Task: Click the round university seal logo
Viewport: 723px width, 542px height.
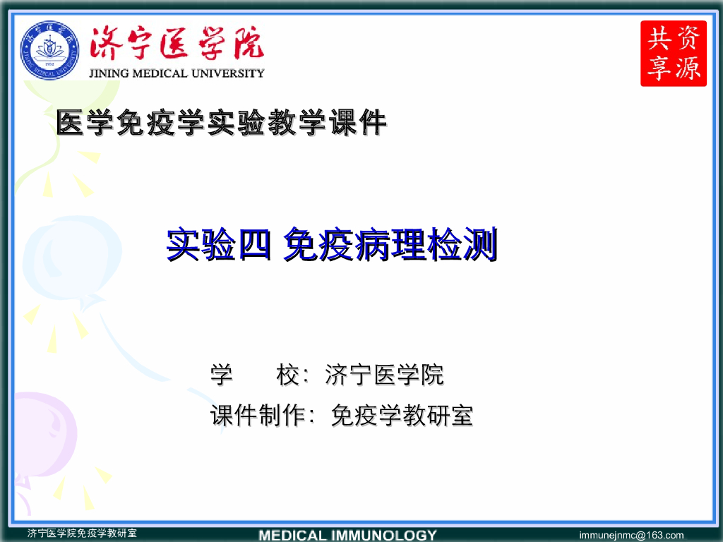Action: tap(49, 50)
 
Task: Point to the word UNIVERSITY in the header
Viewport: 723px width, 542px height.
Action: tap(229, 73)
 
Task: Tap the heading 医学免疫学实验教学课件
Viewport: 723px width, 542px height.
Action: tap(222, 124)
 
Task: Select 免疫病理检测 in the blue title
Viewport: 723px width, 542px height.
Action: tap(390, 246)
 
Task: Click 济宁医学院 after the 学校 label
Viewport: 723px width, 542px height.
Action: tap(384, 375)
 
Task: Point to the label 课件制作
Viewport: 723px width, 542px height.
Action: tap(257, 416)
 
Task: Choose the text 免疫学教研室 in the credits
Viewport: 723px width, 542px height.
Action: tap(402, 416)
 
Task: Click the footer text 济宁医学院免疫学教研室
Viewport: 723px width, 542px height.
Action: tap(82, 534)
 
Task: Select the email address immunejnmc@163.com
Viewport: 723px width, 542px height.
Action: tap(631, 535)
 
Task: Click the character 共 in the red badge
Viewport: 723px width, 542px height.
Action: tap(658, 37)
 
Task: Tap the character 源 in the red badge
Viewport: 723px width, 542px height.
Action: tap(688, 68)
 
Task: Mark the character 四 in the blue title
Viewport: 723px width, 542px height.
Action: tap(254, 246)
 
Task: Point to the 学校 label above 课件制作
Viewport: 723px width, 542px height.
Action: tap(255, 375)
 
